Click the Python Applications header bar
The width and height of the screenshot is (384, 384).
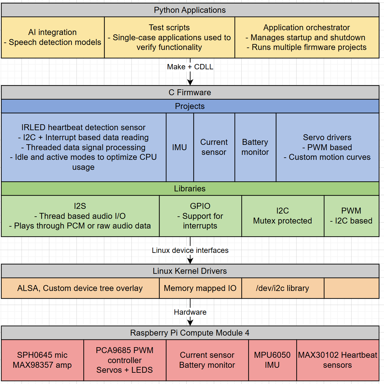pyautogui.click(x=190, y=10)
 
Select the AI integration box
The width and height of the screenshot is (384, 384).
pyautogui.click(x=52, y=37)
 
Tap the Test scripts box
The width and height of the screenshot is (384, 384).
pyautogui.click(x=169, y=37)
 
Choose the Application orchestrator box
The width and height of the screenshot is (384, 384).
pyautogui.click(x=307, y=37)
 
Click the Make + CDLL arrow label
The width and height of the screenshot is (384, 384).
pyautogui.click(x=190, y=67)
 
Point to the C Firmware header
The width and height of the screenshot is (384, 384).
pyautogui.click(x=190, y=92)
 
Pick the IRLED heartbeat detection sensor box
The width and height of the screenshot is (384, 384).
pyautogui.click(x=83, y=147)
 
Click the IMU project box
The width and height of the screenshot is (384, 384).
pyautogui.click(x=180, y=147)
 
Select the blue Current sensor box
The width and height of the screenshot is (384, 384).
pyautogui.click(x=214, y=147)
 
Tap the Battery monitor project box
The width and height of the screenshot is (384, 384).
pyautogui.click(x=255, y=147)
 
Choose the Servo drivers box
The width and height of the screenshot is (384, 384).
pyautogui.click(x=327, y=147)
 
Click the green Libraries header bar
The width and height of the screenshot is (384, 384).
pyautogui.click(x=190, y=189)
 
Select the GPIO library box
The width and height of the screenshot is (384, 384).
pyautogui.click(x=200, y=216)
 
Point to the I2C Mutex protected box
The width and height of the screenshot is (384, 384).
pyautogui.click(x=283, y=216)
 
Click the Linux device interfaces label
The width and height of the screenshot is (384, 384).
pyautogui.click(x=190, y=250)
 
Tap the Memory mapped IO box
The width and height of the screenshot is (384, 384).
pyautogui.click(x=200, y=288)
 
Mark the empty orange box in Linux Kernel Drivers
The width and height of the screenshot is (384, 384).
pyautogui.click(x=351, y=288)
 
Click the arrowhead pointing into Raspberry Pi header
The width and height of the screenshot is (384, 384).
pyautogui.click(x=190, y=322)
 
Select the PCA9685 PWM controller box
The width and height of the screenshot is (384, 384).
pyautogui.click(x=125, y=360)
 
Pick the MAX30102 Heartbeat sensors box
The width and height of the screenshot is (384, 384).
pyautogui.click(x=337, y=360)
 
